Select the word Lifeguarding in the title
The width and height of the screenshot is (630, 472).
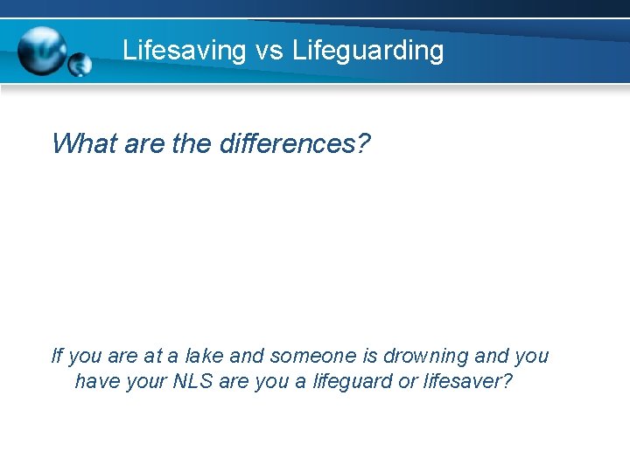[x=368, y=50]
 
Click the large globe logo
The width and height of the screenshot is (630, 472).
[x=42, y=50]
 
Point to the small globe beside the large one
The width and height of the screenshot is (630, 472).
[x=80, y=64]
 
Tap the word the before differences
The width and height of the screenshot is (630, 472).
[x=191, y=143]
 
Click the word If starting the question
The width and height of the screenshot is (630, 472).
[x=57, y=356]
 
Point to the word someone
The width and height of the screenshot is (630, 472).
[x=314, y=356]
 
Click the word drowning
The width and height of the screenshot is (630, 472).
[x=427, y=356]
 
